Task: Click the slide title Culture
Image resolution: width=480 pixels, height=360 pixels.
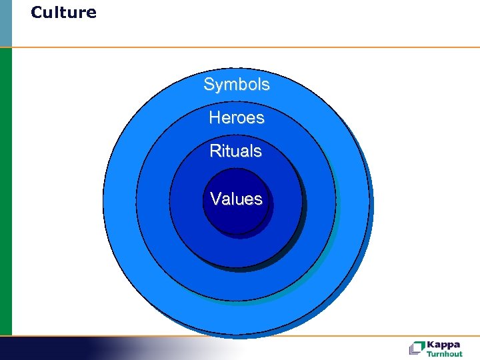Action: (63, 13)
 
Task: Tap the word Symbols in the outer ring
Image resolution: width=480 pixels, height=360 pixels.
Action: (237, 85)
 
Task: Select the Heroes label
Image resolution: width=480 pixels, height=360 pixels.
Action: (237, 118)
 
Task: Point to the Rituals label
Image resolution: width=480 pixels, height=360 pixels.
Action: (236, 151)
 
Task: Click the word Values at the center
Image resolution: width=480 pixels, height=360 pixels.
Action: (236, 199)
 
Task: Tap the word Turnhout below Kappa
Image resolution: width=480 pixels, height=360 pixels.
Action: (445, 354)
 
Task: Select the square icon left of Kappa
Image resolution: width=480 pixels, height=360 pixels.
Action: (417, 348)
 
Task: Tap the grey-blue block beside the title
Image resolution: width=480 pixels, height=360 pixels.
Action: (5, 23)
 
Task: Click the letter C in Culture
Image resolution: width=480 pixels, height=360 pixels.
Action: (36, 13)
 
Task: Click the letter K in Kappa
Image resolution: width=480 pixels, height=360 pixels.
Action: (430, 345)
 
